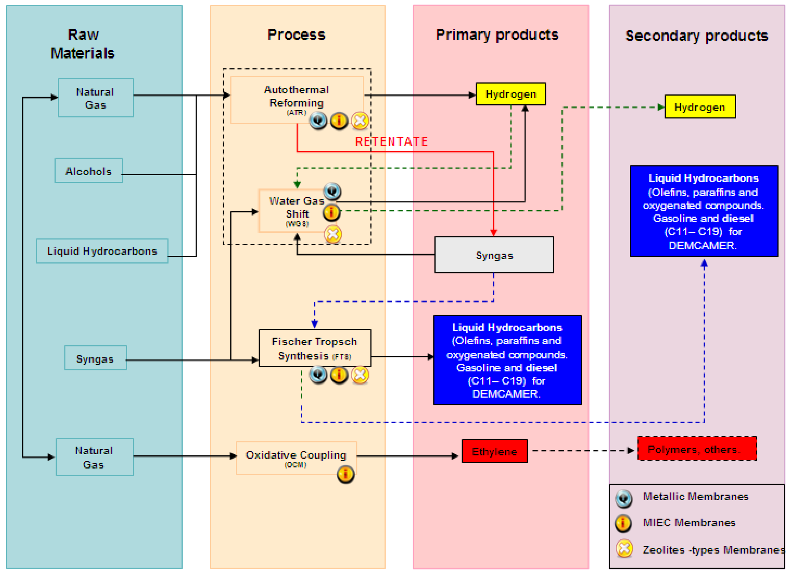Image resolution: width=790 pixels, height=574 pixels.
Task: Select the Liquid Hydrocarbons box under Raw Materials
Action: coord(102,251)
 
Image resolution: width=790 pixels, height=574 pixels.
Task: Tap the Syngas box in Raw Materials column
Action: coord(95,358)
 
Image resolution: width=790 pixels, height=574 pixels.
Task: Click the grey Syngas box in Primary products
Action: coord(494,255)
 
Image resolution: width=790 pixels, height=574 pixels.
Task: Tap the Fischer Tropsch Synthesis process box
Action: coord(314,348)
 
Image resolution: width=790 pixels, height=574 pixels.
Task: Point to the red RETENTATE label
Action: coord(391,142)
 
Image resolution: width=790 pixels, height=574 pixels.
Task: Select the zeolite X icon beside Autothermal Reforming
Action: coord(360,121)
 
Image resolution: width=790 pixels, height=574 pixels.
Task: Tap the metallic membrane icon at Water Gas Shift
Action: coord(332,191)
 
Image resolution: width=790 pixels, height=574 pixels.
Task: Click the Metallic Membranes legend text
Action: coord(695,496)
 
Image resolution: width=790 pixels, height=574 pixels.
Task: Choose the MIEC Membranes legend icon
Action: coord(623,523)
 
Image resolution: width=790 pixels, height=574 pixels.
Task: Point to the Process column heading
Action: coord(296,35)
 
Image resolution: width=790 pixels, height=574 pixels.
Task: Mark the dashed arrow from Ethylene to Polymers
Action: coord(582,451)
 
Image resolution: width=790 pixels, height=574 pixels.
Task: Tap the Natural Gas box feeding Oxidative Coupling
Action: coord(95,457)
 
